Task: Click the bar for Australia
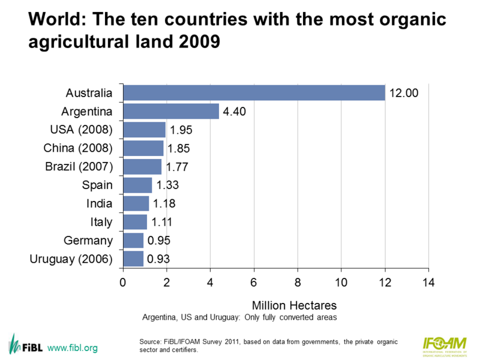pos(254,93)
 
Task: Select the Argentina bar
pos(171,112)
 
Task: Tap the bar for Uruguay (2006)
pos(133,259)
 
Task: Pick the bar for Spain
pos(137,185)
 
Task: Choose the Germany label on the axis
pos(88,241)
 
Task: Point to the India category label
pos(99,203)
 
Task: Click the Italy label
pos(101,222)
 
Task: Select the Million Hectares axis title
pos(290,304)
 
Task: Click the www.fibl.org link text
pos(72,348)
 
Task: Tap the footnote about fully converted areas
pos(239,316)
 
